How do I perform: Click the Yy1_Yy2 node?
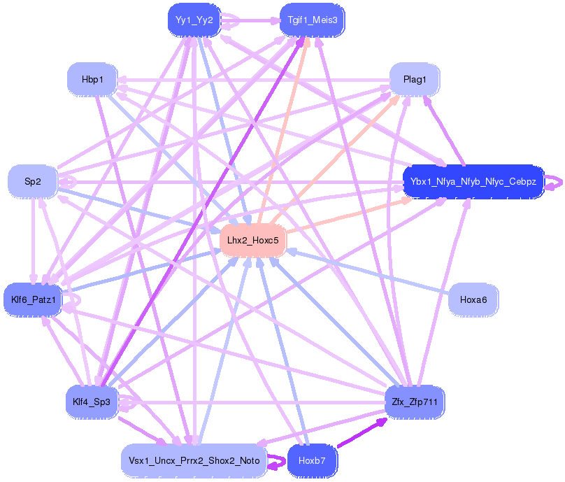click(x=194, y=20)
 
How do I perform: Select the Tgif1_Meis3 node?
click(x=312, y=20)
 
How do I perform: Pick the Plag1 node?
click(x=415, y=80)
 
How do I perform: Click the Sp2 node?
click(x=33, y=182)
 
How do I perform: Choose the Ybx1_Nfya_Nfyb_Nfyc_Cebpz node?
click(x=473, y=182)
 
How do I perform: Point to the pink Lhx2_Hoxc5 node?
click(x=253, y=240)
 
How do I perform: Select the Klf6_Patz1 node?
click(x=33, y=300)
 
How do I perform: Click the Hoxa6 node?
click(x=473, y=299)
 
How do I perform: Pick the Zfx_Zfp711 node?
click(x=415, y=402)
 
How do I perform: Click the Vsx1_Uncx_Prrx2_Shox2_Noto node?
click(x=194, y=461)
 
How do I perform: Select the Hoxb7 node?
click(x=312, y=461)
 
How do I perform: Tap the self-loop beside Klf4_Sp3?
click(x=131, y=402)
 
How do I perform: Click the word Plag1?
click(x=415, y=80)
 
